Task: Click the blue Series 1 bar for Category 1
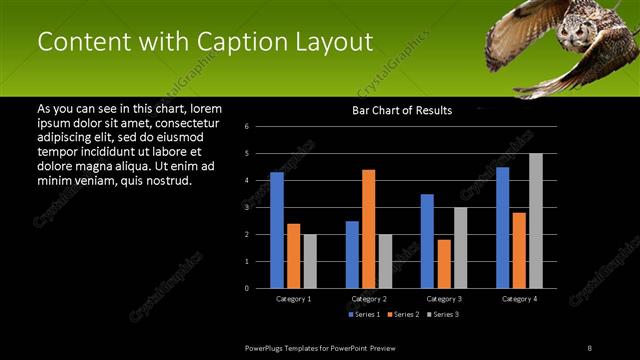[x=277, y=230]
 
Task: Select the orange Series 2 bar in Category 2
[x=369, y=229]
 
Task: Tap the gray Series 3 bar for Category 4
[x=536, y=221]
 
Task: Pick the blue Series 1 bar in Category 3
[x=427, y=241]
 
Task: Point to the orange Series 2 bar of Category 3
[x=444, y=264]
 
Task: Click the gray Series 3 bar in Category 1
[x=310, y=261]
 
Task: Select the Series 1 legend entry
[x=364, y=314]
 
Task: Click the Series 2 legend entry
[x=403, y=314]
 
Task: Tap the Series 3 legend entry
[x=442, y=314]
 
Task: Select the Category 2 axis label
[x=369, y=299]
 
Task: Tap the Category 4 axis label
[x=519, y=299]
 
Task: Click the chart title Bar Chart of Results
[x=402, y=111]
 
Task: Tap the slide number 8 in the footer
[x=589, y=347]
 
